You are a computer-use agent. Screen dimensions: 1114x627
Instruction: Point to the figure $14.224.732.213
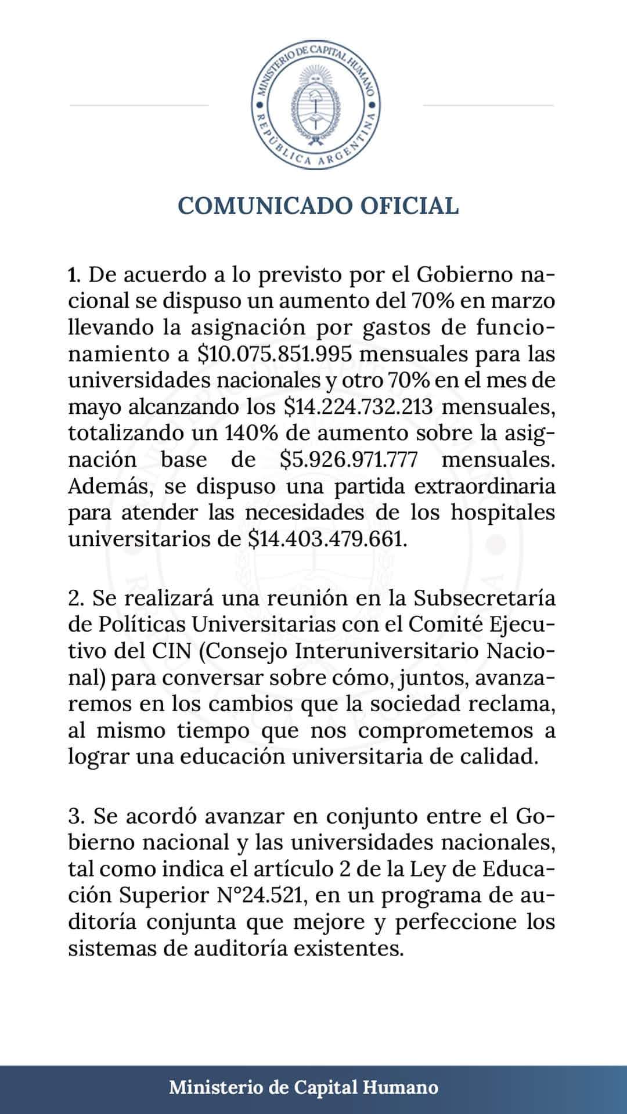[359, 406]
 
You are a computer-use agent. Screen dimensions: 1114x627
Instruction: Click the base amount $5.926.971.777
[348, 460]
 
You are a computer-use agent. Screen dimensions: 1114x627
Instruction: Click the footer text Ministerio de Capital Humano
[304, 1087]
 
